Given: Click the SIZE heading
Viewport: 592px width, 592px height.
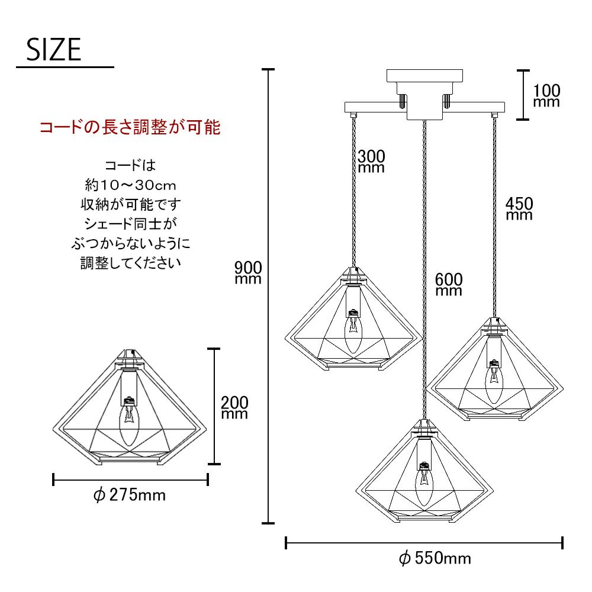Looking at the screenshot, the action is tap(54, 50).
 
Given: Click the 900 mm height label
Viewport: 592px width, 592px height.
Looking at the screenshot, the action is tap(248, 272).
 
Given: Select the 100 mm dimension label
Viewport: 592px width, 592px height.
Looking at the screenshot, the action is tap(546, 95).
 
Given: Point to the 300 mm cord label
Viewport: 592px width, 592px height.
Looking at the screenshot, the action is tap(371, 161).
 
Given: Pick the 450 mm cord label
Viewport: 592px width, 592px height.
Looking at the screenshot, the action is tap(519, 209).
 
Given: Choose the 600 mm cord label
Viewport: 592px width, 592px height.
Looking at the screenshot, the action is tap(449, 284).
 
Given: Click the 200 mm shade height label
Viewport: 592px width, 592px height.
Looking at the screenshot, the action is tap(234, 407).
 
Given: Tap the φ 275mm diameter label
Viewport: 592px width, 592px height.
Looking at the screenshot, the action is tap(130, 495).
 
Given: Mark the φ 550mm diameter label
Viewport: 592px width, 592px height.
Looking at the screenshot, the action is tap(435, 558).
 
